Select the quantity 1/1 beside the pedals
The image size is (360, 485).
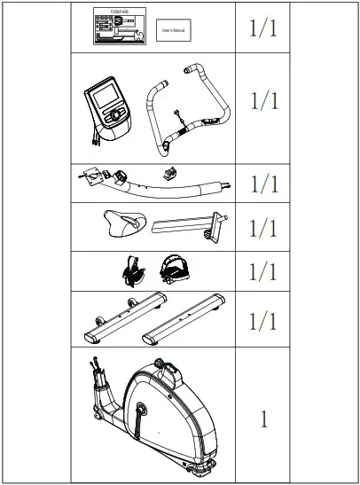tap(264, 270)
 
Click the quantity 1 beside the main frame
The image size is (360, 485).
tap(264, 419)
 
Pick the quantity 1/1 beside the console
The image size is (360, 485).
tap(264, 100)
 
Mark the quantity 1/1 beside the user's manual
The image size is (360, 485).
tap(264, 28)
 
